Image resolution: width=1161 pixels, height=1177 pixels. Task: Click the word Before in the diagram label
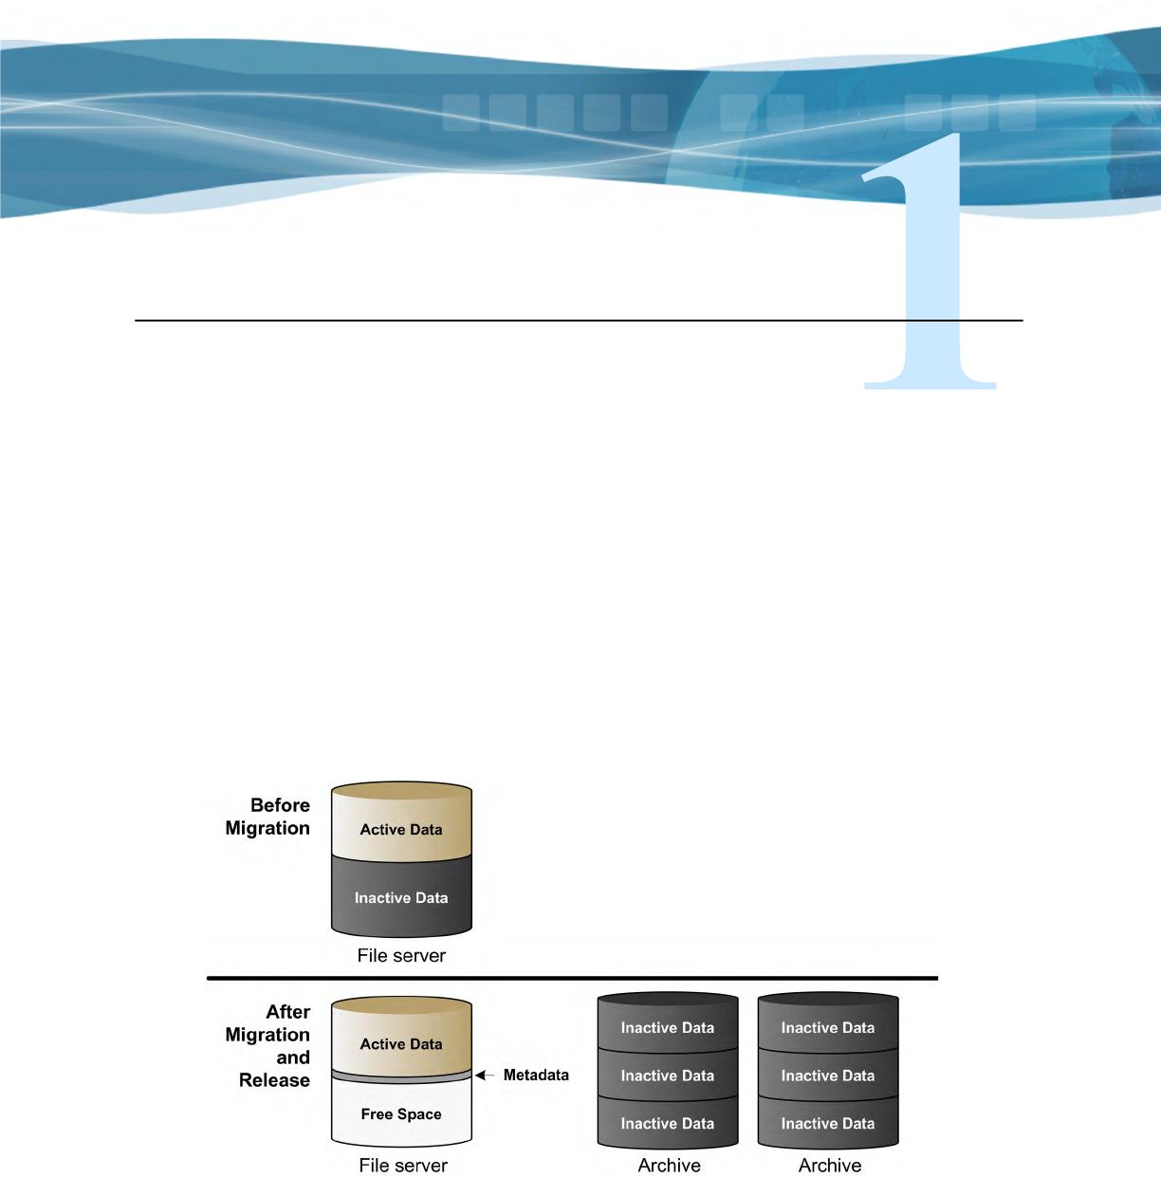280,805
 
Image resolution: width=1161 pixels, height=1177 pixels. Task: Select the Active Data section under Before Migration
401,829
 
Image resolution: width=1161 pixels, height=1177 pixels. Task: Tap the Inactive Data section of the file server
401,897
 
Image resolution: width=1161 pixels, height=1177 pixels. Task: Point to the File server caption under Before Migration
401,956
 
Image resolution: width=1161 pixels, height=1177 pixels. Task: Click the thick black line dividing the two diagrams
572,978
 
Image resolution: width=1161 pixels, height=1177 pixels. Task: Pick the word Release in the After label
274,1080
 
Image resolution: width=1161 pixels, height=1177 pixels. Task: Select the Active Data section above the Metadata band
401,1043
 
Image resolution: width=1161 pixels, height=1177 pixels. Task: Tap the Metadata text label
536,1076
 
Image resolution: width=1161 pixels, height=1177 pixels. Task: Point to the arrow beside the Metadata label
485,1076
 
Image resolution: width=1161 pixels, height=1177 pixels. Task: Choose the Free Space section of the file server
401,1114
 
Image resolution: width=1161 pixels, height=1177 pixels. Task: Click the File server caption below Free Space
403,1166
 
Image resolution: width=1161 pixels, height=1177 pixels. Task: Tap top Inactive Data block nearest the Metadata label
668,1028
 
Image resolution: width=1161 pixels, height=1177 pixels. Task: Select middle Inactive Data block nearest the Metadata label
668,1076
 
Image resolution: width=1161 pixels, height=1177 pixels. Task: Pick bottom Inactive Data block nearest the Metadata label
668,1124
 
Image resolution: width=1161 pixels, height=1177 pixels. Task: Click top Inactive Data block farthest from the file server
828,1028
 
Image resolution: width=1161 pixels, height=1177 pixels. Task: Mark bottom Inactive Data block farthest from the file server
828,1124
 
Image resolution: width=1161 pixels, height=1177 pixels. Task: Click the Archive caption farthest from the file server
830,1166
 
